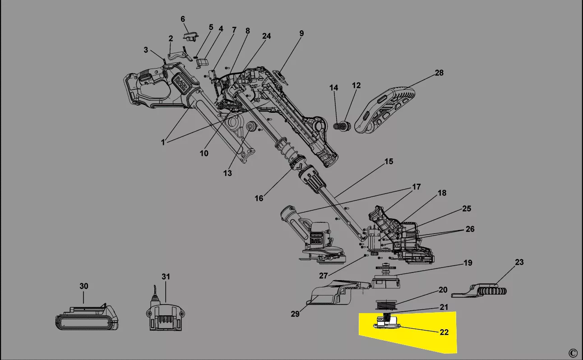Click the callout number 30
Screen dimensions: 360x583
(x=84, y=286)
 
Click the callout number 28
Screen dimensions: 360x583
(x=439, y=73)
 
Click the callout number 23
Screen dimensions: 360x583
(x=519, y=262)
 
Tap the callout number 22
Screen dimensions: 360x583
(x=444, y=332)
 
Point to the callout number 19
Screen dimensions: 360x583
(x=468, y=263)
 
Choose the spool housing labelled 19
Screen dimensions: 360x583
(x=386, y=282)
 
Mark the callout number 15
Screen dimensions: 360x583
(x=389, y=161)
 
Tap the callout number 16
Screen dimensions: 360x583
(x=259, y=198)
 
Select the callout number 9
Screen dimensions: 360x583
(x=301, y=33)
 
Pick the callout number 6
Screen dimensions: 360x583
(x=183, y=19)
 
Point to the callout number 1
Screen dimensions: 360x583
(x=163, y=142)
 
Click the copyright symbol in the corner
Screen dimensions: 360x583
(x=573, y=353)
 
